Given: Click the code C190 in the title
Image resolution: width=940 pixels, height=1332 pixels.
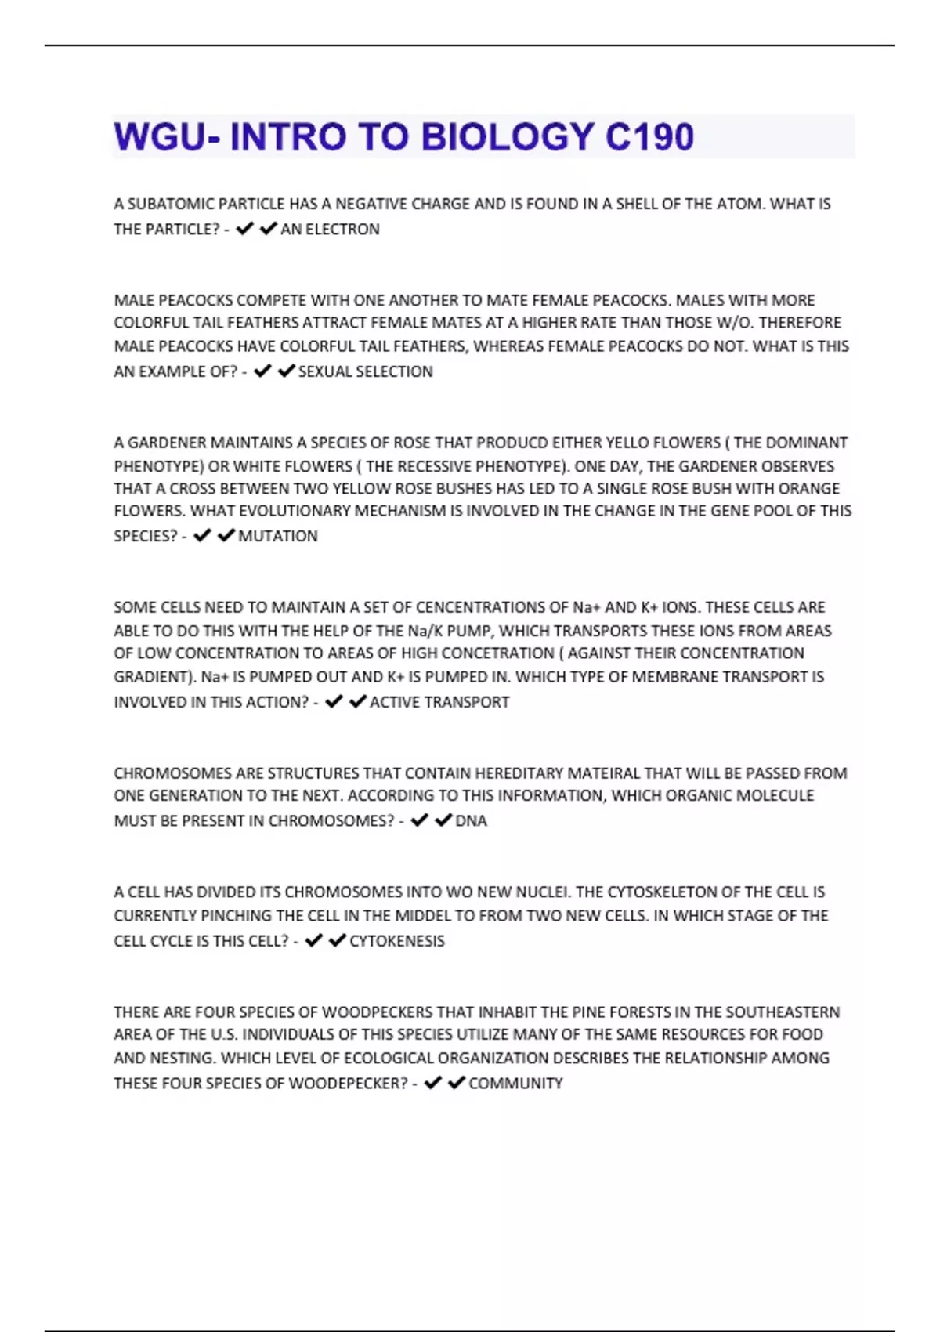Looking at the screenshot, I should click(649, 137).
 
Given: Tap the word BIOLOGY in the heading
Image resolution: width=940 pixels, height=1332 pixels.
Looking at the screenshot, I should click(508, 137).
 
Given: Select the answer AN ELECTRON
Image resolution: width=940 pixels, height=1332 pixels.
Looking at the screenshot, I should click(330, 230).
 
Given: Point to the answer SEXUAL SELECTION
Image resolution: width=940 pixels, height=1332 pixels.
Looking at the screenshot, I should click(365, 371).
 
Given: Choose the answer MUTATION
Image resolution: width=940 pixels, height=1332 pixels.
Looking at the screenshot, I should click(278, 537).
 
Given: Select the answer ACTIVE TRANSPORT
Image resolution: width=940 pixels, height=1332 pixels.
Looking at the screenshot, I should click(439, 703).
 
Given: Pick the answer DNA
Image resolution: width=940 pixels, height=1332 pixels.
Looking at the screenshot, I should click(471, 821).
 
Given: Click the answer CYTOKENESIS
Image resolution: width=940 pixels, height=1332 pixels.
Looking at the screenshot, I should click(396, 941).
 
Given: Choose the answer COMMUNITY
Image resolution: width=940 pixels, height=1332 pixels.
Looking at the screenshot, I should click(515, 1084).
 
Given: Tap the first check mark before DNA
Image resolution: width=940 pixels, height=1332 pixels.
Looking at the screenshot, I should click(420, 820).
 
